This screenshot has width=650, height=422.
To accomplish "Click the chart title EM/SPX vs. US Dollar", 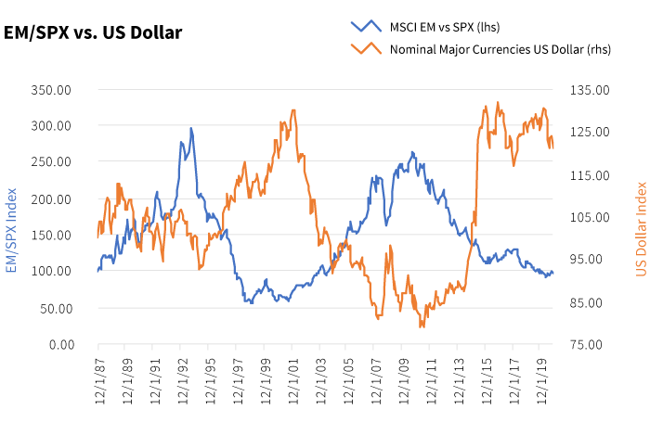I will [x=93, y=32].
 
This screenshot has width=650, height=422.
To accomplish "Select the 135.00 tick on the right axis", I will [x=590, y=90].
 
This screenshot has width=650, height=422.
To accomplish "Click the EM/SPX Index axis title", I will [x=13, y=217].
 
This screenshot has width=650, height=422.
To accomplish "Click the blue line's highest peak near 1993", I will [x=190, y=128].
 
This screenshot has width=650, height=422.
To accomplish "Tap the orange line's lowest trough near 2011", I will [x=421, y=326].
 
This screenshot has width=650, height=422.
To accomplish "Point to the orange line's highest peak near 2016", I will [x=498, y=103].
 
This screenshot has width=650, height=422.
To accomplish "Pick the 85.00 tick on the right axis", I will [x=590, y=302].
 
